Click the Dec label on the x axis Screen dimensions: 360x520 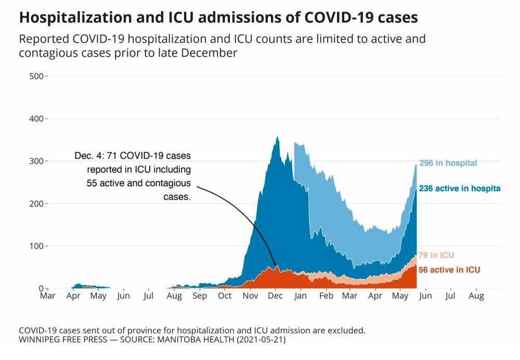pyautogui.click(x=275, y=296)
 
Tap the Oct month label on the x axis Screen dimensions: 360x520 pyautogui.click(x=225, y=296)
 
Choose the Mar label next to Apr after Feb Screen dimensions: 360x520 pyautogui.click(x=350, y=296)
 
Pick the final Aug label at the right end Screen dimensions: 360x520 pyautogui.click(x=476, y=296)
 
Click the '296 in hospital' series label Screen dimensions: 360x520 pyautogui.click(x=448, y=163)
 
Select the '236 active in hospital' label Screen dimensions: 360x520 pyautogui.click(x=459, y=189)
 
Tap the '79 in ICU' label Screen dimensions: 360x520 pyautogui.click(x=436, y=255)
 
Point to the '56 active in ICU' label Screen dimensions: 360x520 pyautogui.click(x=449, y=270)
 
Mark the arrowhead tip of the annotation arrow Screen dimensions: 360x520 pyautogui.click(x=276, y=268)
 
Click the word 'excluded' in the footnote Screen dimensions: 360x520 pyautogui.click(x=349, y=330)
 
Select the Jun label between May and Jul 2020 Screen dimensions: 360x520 pyautogui.click(x=123, y=296)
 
